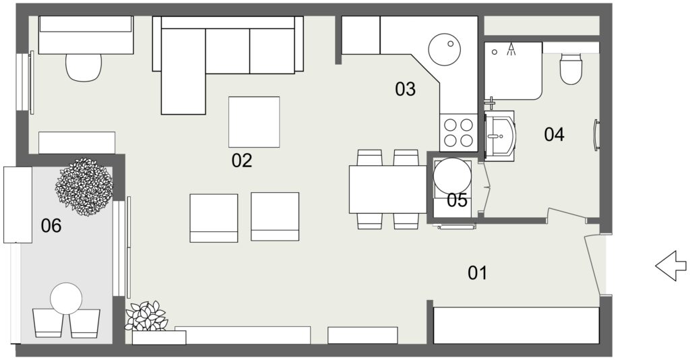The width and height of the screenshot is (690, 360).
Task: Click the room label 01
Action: pos(478,273)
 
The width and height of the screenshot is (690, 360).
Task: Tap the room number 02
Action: pos(242,160)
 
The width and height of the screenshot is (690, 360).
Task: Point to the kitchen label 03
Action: pos(405,89)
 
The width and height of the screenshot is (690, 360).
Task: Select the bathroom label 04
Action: pos(554,134)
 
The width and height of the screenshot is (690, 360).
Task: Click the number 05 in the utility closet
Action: pos(458,200)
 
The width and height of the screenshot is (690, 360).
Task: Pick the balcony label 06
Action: pos(51,226)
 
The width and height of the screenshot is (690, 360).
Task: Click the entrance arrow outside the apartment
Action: pos(671,266)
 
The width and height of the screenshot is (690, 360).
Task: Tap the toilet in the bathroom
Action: pos(571,69)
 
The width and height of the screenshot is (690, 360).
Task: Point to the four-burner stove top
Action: pos(458,133)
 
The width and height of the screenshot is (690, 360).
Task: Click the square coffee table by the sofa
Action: pos(254,122)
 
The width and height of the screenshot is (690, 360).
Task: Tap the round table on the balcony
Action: pos(67,299)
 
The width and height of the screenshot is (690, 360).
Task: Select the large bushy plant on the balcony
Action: pos(84,187)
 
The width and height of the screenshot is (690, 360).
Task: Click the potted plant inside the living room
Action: pos(146,317)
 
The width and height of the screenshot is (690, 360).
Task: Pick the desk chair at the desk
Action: pos(84,67)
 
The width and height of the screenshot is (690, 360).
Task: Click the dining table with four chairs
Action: pos(387,189)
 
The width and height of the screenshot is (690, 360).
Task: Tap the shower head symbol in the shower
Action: pos(511,49)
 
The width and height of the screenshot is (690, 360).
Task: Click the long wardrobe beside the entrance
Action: pos(517,326)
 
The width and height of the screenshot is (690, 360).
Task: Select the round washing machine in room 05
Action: pos(452,176)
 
